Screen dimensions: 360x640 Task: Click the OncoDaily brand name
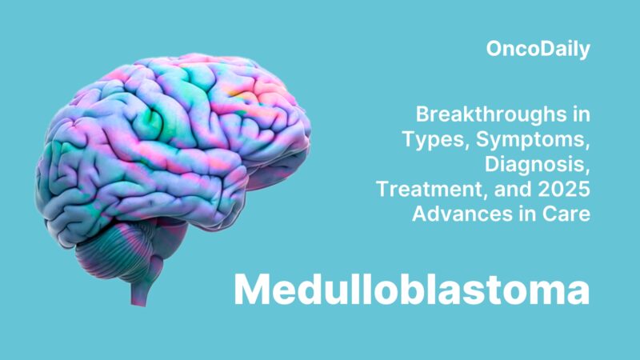(538, 49)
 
